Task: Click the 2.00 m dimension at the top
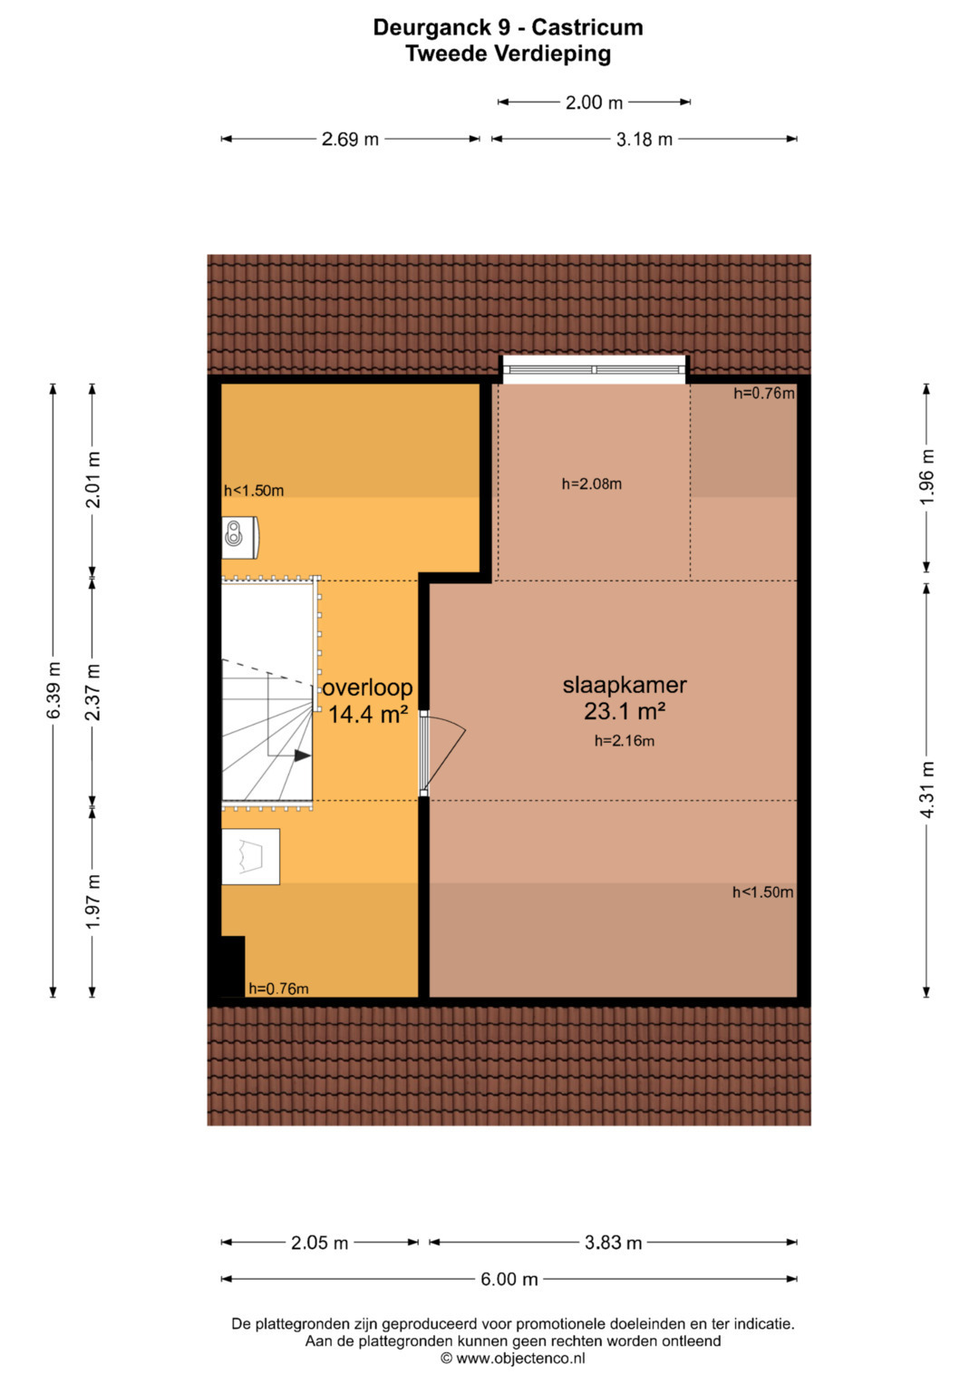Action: click(x=594, y=102)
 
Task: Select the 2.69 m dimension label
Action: click(x=350, y=139)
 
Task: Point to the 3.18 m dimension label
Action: click(x=644, y=139)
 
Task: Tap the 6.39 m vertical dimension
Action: click(x=53, y=690)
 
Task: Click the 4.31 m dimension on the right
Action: click(x=927, y=790)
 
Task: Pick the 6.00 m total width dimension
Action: click(x=509, y=1279)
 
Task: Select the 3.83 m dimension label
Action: click(x=613, y=1243)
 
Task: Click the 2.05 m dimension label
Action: click(x=319, y=1243)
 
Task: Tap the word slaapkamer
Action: click(x=625, y=685)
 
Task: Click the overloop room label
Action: click(x=367, y=687)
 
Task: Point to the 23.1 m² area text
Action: click(x=625, y=712)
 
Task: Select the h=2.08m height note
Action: click(x=591, y=484)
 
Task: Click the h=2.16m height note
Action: click(x=625, y=741)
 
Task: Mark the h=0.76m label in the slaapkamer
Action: click(x=764, y=394)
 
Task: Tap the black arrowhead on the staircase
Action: click(x=302, y=756)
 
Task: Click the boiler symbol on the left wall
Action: click(x=240, y=536)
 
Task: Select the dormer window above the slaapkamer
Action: click(x=594, y=370)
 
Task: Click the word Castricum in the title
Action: click(x=587, y=27)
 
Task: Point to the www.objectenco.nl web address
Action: click(x=520, y=1358)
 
